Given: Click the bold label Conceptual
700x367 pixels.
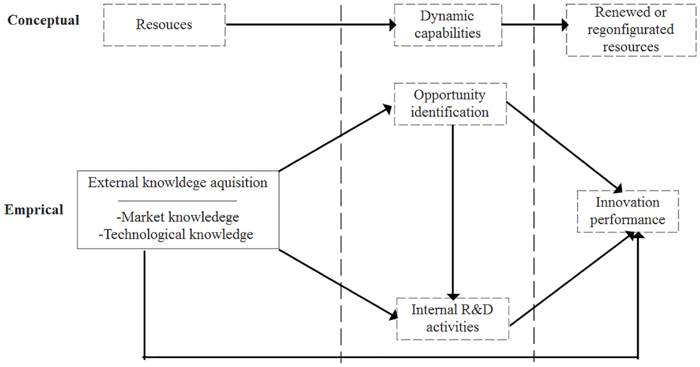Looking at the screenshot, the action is pyautogui.click(x=43, y=21).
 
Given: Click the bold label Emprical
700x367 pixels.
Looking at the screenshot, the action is pyautogui.click(x=34, y=210).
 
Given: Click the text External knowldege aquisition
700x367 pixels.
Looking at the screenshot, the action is pyautogui.click(x=177, y=183).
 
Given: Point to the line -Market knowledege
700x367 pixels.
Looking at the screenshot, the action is pyautogui.click(x=177, y=217).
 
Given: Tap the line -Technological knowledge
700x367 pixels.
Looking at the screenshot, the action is pyautogui.click(x=176, y=235).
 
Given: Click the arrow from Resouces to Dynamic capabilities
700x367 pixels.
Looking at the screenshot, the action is pyautogui.click(x=311, y=24).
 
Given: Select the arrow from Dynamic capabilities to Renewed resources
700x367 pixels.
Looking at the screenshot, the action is pyautogui.click(x=535, y=24).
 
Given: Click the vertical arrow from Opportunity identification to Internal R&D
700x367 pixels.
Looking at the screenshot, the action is pyautogui.click(x=453, y=213).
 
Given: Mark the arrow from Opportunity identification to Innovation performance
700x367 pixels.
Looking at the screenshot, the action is pyautogui.click(x=565, y=147).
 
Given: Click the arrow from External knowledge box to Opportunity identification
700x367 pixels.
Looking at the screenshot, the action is pyautogui.click(x=335, y=138).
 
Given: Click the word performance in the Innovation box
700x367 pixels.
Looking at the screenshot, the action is pyautogui.click(x=628, y=220).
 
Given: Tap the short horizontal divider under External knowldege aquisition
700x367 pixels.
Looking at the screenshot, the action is pyautogui.click(x=177, y=201).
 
